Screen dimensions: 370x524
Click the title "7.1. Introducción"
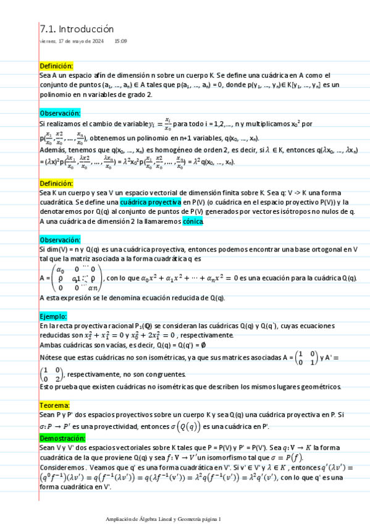pyautogui.click(x=77, y=29)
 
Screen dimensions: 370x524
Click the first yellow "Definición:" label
pyautogui.click(x=56, y=65)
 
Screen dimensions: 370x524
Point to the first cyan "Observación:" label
pyautogui.click(x=60, y=114)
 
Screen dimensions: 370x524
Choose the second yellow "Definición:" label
pyautogui.click(x=56, y=184)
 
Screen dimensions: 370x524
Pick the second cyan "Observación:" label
pyautogui.click(x=60, y=240)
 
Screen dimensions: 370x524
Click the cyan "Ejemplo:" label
pyautogui.click(x=53, y=316)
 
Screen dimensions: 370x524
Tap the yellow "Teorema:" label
pyautogui.click(x=54, y=405)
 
